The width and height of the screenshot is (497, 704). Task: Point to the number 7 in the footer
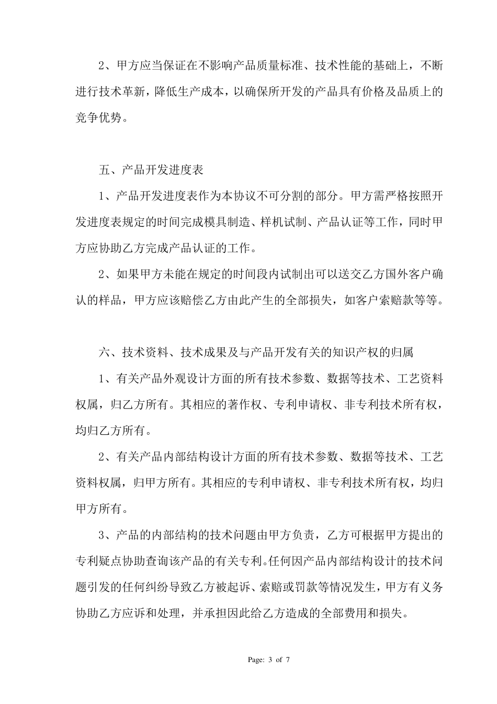[x=288, y=660]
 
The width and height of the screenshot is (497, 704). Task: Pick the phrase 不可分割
[x=295, y=196]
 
